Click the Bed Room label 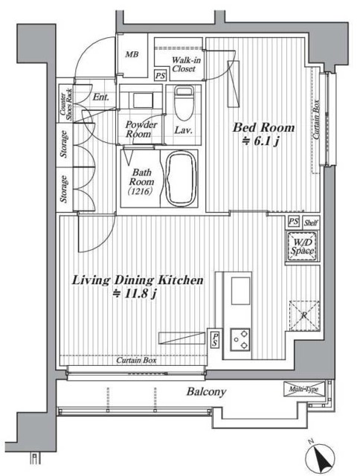coord(263,128)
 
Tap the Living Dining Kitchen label coord(138,280)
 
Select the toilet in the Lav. coord(184,103)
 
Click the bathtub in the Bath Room coord(181,179)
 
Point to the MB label coord(132,54)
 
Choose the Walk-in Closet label coord(186,65)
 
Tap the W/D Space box coord(302,246)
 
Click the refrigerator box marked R coord(304,315)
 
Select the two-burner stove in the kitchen coord(240,339)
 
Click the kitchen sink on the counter coord(241,291)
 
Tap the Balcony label coord(206,392)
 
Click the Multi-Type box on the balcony coord(304,389)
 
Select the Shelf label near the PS coord(311,223)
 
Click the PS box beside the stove coord(215,340)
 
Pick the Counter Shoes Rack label coord(65,104)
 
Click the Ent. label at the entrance coord(100,97)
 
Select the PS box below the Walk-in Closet coord(160,76)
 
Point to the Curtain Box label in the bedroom coord(316,119)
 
